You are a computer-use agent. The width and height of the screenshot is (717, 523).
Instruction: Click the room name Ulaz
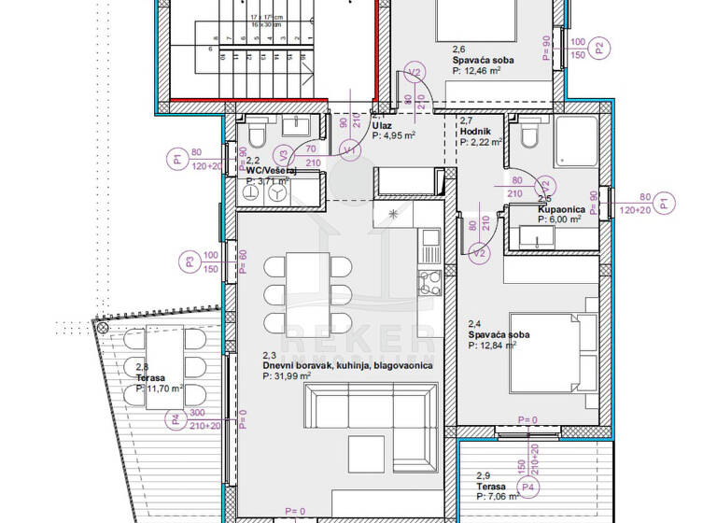[381, 124]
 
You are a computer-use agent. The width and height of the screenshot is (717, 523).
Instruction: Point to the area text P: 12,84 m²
[499, 345]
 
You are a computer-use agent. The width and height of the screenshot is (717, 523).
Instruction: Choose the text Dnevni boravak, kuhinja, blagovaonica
[348, 366]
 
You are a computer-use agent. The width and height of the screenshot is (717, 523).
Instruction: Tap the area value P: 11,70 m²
[160, 389]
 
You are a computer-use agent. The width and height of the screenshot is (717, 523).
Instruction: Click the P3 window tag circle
[190, 262]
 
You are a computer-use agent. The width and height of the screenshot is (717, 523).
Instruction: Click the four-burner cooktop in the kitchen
[429, 279]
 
